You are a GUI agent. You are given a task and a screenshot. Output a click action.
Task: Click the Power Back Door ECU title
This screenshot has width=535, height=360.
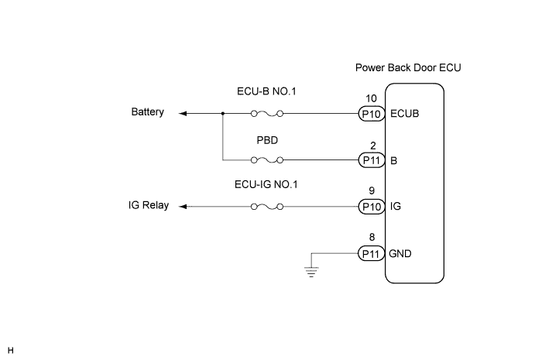pyautogui.click(x=408, y=68)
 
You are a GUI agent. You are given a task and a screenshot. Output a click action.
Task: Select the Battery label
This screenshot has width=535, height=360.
pyautogui.click(x=148, y=112)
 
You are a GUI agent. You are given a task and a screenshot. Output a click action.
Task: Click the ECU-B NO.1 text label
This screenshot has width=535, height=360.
pyautogui.click(x=267, y=91)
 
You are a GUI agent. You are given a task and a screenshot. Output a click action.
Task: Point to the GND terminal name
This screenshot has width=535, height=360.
pyautogui.click(x=400, y=253)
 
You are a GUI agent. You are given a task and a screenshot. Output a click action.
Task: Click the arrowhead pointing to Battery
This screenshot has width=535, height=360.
pyautogui.click(x=183, y=113)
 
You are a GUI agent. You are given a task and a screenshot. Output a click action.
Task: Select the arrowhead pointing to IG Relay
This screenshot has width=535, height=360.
pyautogui.click(x=183, y=207)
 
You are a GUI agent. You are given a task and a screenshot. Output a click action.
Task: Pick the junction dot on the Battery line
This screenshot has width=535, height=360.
pyautogui.click(x=223, y=113)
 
